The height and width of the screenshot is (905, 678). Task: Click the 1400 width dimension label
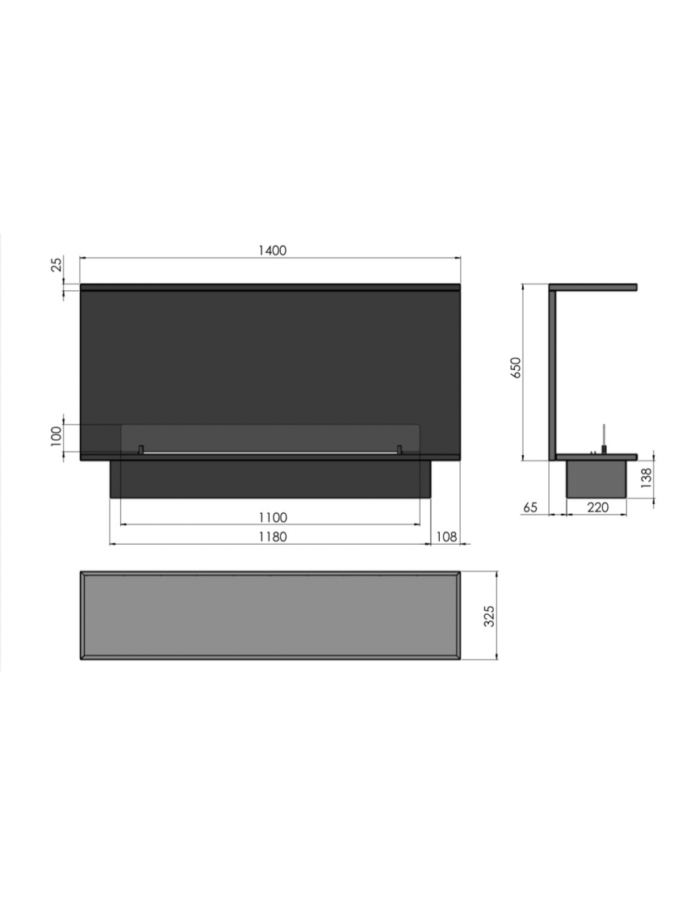[x=272, y=250]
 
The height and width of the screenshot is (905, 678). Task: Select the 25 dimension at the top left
[x=56, y=264]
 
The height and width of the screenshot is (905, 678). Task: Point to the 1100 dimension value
[x=273, y=517]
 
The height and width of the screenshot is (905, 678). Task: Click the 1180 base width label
[x=273, y=537]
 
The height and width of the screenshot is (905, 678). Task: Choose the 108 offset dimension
[x=446, y=537]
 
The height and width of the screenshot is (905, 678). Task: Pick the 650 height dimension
[x=516, y=368]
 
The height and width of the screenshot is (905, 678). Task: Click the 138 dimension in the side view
[x=647, y=478]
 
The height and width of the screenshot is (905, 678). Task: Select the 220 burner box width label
[x=597, y=507]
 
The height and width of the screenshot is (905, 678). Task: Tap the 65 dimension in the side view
[x=530, y=507]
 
